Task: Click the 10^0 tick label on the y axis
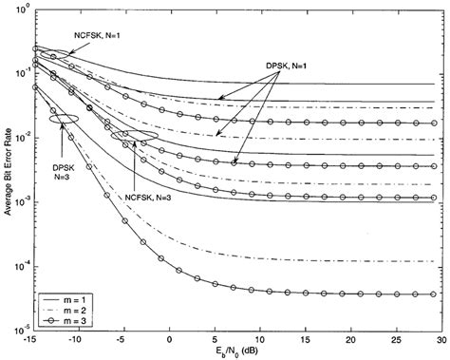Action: tap(21, 9)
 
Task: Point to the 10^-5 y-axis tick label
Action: tap(21, 331)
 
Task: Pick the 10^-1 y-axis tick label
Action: tap(21, 74)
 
